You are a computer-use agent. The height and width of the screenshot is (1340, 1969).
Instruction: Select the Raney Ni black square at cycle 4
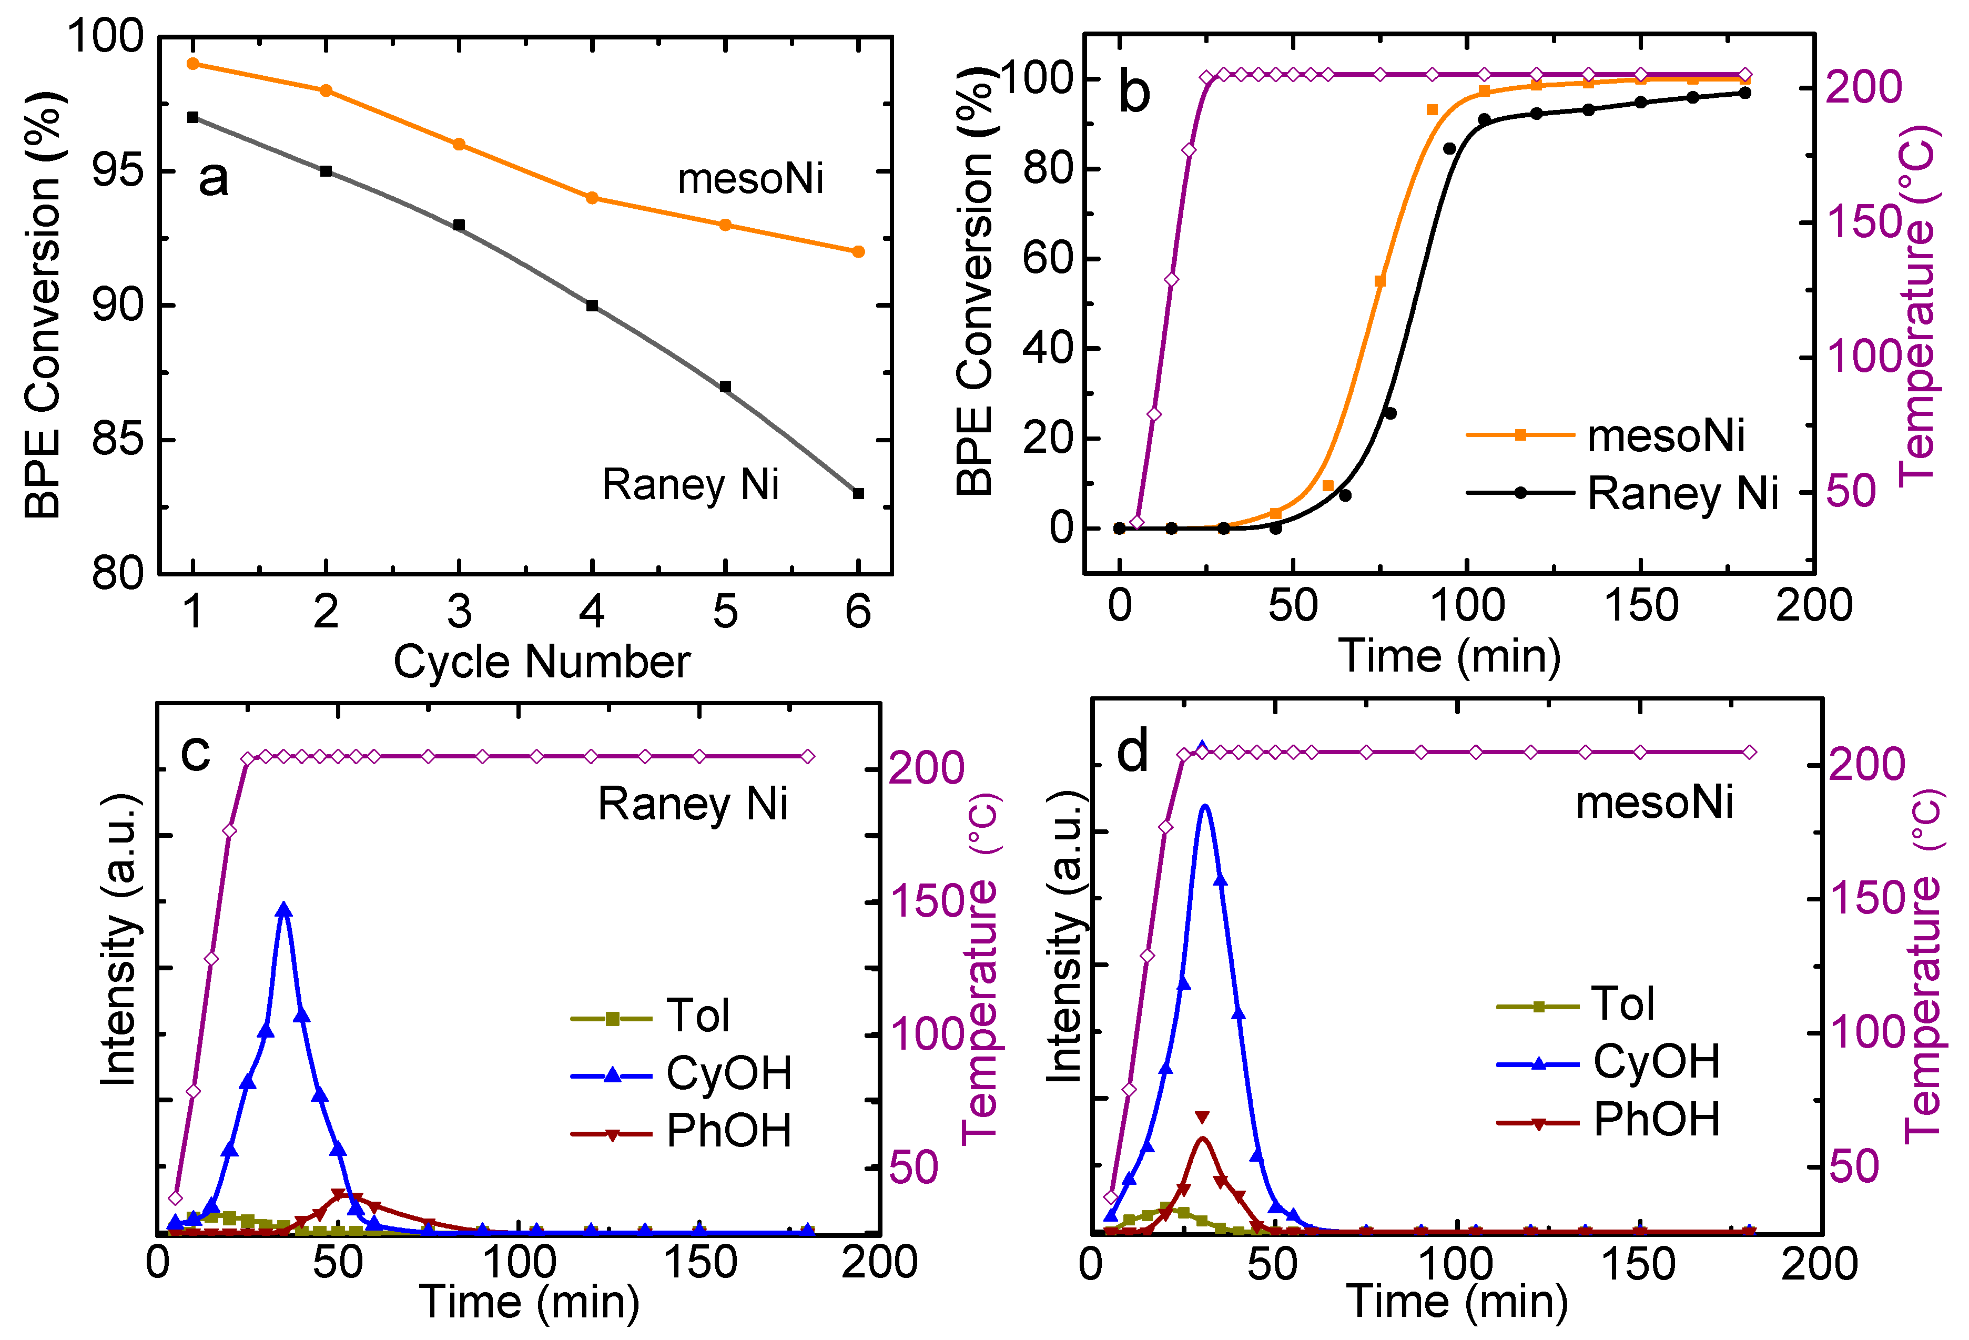[592, 306]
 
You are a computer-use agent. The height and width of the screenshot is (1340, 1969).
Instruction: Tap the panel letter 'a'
[212, 179]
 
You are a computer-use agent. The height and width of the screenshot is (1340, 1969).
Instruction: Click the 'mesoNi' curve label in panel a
[750, 179]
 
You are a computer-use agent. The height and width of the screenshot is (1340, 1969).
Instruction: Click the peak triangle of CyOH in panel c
[284, 910]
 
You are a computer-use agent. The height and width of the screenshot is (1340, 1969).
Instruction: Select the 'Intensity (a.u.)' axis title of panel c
[119, 940]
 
